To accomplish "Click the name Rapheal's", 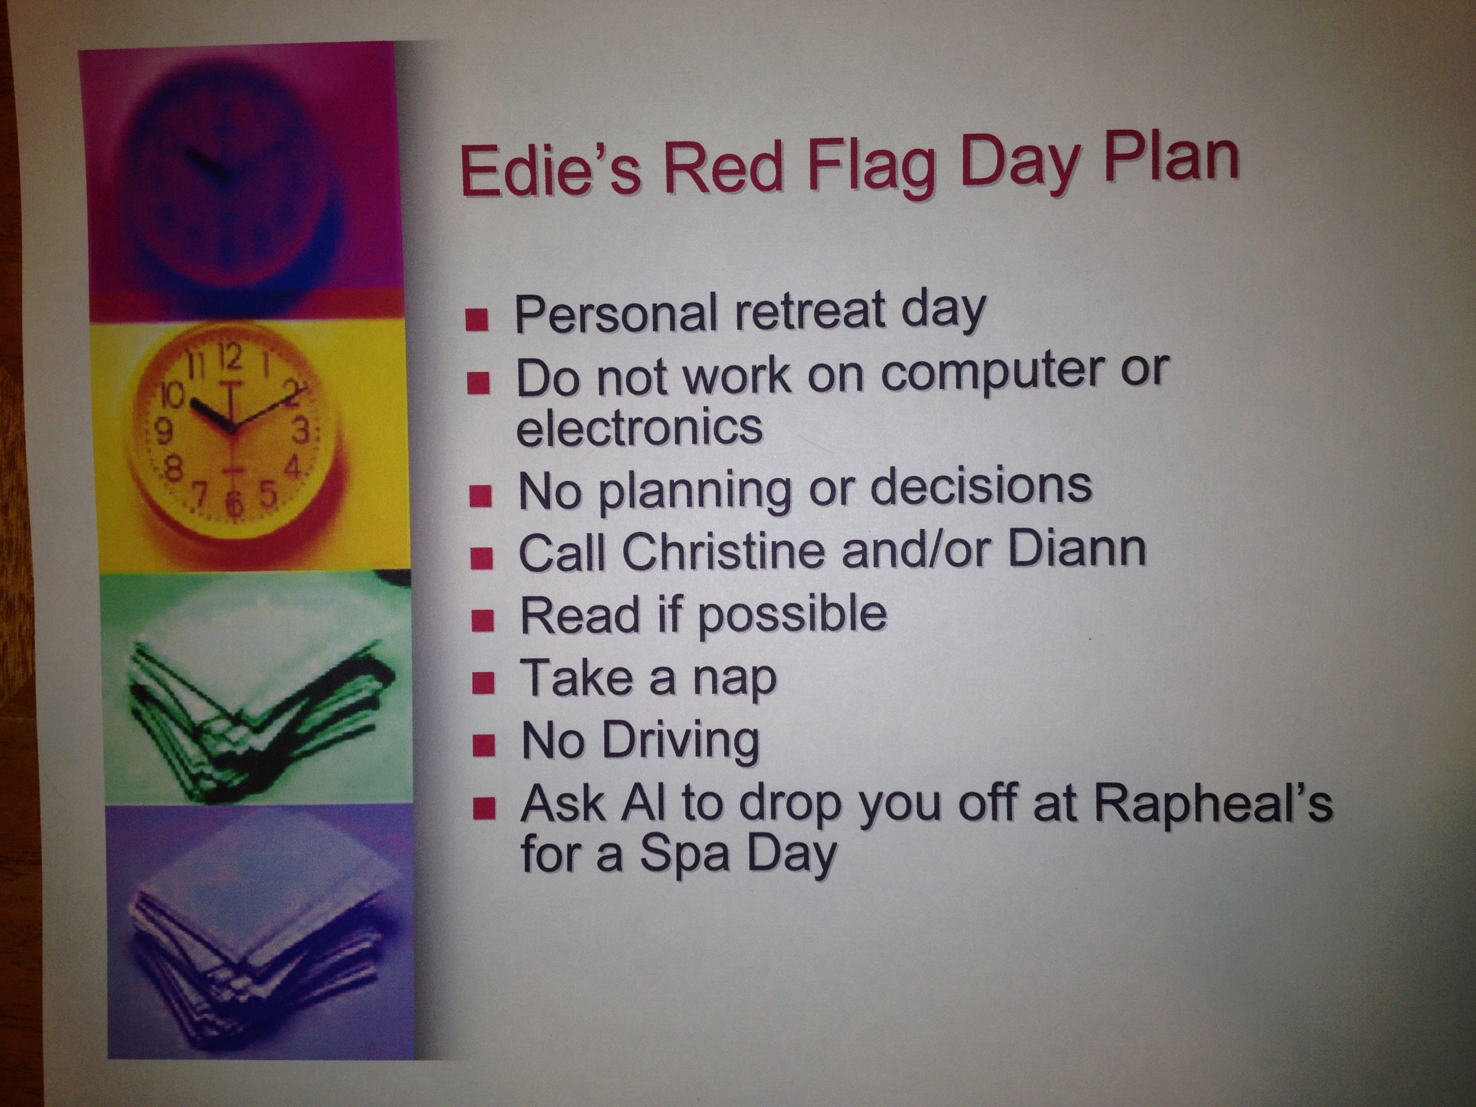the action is point(1213,804).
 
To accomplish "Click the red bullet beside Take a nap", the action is point(483,683).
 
